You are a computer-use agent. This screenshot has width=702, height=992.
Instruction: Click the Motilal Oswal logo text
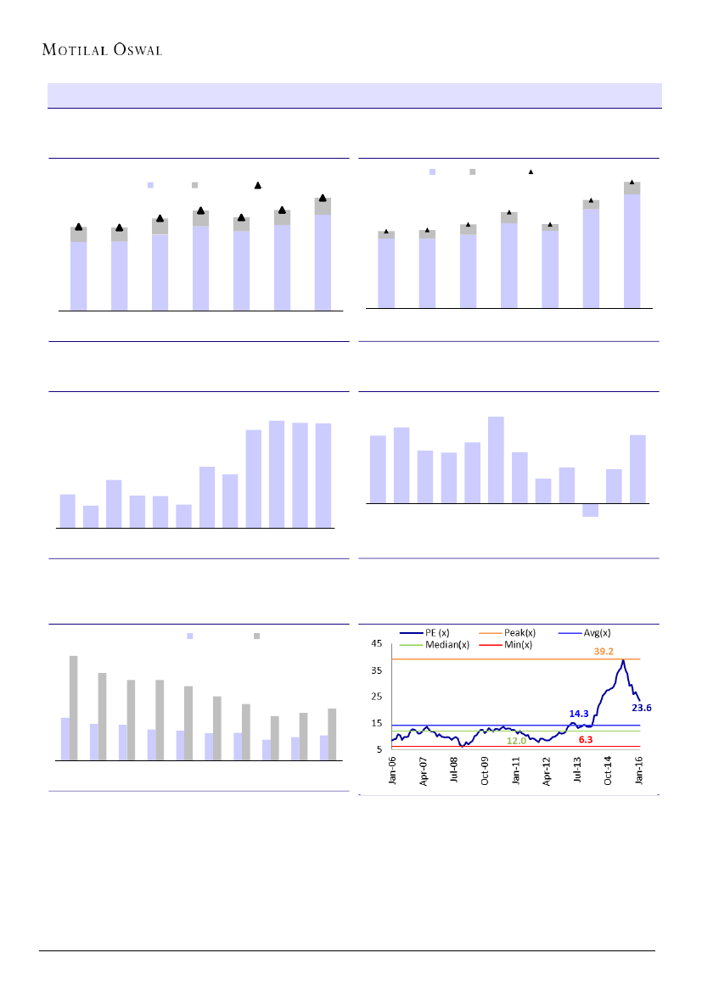[102, 49]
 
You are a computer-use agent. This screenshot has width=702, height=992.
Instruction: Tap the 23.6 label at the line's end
[641, 707]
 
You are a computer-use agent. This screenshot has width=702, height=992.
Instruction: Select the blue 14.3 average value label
[579, 715]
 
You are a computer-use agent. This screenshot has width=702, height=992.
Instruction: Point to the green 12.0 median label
[517, 741]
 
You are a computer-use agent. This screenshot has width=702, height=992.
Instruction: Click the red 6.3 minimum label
[585, 740]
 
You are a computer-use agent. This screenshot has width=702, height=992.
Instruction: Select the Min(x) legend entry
[515, 645]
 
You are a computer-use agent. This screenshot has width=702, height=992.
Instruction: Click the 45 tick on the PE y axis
[375, 644]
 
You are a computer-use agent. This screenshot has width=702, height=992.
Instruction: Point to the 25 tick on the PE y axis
[375, 697]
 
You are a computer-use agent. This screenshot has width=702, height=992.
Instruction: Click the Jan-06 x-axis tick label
[393, 775]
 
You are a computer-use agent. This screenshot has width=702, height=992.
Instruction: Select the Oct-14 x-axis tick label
[609, 775]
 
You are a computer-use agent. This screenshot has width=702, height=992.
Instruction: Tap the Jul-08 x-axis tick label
[454, 775]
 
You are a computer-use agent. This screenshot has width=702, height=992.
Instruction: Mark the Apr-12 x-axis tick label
[548, 775]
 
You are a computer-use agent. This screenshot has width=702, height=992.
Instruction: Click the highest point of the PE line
[623, 660]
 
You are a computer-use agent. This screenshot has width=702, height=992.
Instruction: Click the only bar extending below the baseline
[591, 510]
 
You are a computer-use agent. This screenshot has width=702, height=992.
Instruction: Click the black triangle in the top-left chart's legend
[257, 185]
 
